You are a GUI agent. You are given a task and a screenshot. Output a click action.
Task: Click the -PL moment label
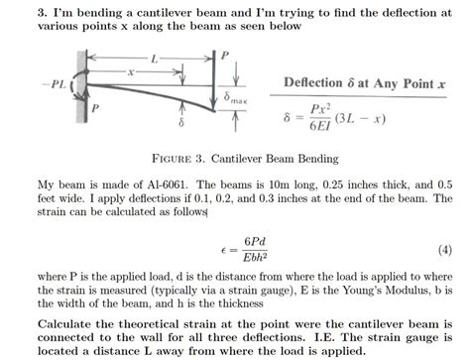point(55,86)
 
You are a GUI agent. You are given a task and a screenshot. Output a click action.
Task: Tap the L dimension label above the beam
point(154,60)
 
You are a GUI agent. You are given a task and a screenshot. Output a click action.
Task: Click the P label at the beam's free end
point(230,57)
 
